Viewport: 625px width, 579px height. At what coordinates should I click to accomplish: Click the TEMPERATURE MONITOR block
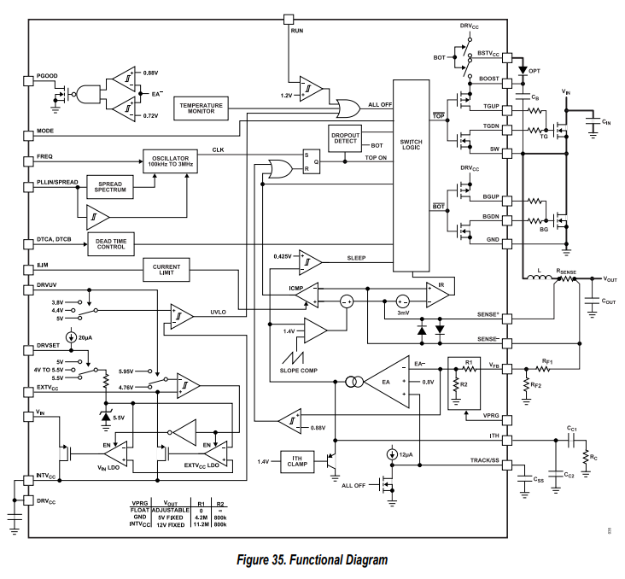[201, 108]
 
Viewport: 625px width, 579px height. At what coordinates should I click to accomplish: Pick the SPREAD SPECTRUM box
[111, 187]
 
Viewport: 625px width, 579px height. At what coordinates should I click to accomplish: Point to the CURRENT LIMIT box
[167, 270]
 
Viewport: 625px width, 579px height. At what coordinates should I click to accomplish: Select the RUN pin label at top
[296, 29]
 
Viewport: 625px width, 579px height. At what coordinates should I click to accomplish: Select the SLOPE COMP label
[300, 370]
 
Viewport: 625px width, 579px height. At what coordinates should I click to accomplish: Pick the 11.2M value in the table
[202, 524]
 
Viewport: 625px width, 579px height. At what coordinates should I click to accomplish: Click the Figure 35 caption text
[312, 560]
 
